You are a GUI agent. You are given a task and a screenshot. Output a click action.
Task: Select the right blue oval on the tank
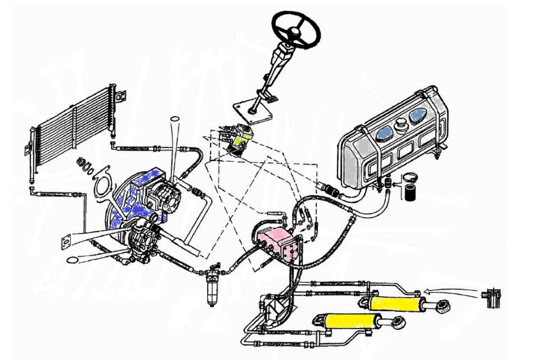pos(418,115)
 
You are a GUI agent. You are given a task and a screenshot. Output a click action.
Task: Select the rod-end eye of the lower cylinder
pos(397,324)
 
